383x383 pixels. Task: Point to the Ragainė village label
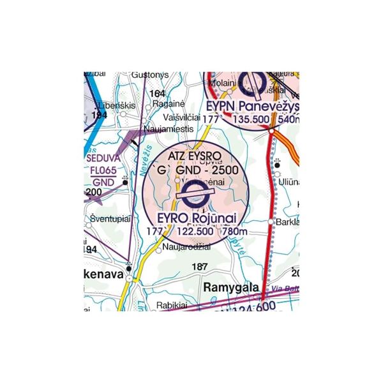click(x=169, y=104)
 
